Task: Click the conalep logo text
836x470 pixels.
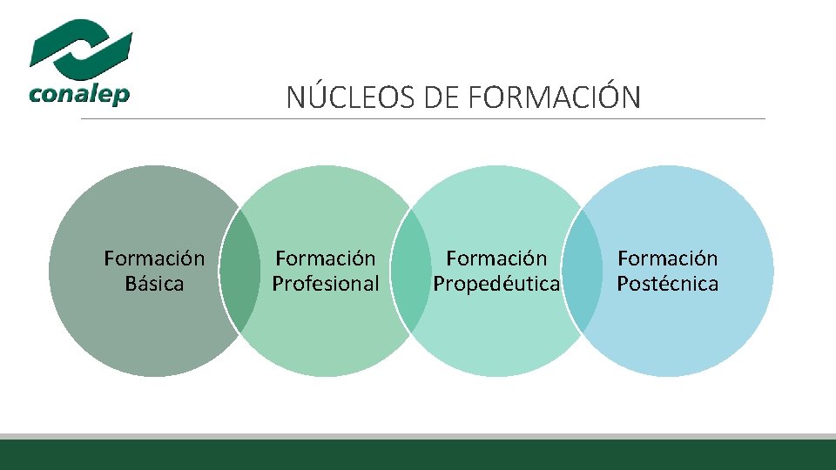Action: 79,93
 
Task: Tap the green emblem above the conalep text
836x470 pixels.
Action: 81,48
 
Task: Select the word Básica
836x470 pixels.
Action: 154,284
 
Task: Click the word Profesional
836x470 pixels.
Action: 326,284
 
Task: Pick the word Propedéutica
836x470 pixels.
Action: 496,284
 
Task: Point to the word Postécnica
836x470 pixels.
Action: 668,284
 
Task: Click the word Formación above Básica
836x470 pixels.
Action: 154,258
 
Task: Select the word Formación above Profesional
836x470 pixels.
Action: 326,258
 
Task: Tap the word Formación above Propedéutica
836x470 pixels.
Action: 496,258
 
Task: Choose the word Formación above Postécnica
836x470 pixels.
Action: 668,258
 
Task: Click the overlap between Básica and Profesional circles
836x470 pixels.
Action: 239,272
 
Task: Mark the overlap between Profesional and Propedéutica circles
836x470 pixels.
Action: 411,272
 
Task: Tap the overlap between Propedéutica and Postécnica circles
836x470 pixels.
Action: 582,272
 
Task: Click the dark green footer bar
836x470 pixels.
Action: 418,455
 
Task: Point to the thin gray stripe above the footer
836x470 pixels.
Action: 418,436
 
